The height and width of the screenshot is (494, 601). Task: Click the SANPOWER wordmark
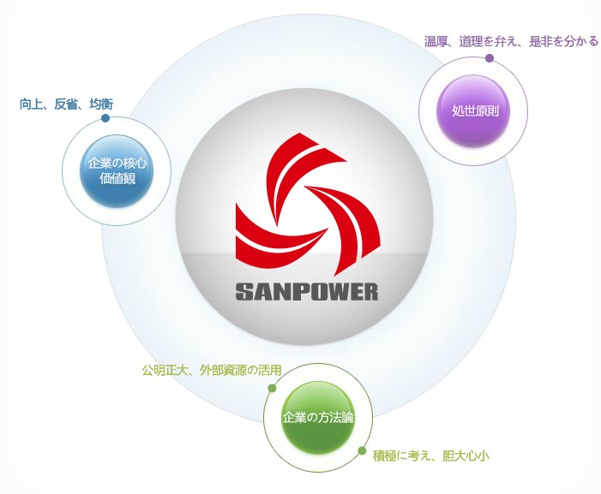click(306, 291)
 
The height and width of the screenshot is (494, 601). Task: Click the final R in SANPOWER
click(370, 291)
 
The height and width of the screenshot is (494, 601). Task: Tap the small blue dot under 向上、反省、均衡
click(105, 118)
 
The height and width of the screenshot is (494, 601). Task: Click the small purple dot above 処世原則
click(490, 58)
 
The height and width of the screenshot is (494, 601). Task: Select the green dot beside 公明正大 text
click(272, 388)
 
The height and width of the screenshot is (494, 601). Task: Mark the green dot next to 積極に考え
click(362, 449)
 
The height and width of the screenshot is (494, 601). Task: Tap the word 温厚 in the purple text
click(437, 41)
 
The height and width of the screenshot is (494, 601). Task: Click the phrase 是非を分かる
click(563, 41)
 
